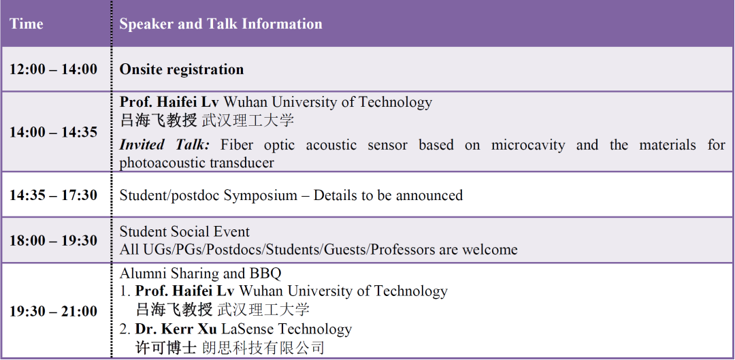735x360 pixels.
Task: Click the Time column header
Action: pyautogui.click(x=27, y=24)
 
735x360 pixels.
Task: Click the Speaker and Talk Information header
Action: pyautogui.click(x=220, y=24)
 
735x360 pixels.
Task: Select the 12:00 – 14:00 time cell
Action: pyautogui.click(x=54, y=69)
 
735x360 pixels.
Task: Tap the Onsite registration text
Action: pyautogui.click(x=182, y=69)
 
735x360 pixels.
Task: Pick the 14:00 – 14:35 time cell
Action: pyautogui.click(x=54, y=132)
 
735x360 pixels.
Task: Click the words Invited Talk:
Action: pyautogui.click(x=165, y=145)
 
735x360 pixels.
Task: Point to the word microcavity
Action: pyautogui.click(x=528, y=146)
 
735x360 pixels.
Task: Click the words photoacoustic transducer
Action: pyautogui.click(x=197, y=163)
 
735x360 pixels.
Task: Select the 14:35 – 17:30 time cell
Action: pyautogui.click(x=54, y=195)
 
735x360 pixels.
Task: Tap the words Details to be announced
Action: pyautogui.click(x=388, y=195)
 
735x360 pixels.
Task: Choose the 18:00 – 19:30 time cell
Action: pyautogui.click(x=54, y=240)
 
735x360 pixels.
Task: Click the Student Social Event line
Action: pyautogui.click(x=184, y=231)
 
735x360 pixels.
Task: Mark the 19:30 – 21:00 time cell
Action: pyautogui.click(x=54, y=312)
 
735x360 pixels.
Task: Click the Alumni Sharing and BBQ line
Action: pyautogui.click(x=200, y=274)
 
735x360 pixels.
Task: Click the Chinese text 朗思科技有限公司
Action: pyautogui.click(x=263, y=347)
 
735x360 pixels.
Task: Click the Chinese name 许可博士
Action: pyautogui.click(x=165, y=347)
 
